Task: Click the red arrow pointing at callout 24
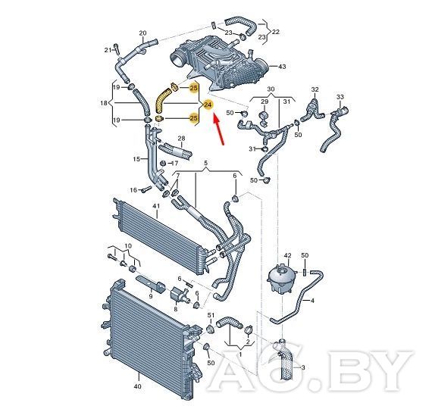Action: tap(219, 130)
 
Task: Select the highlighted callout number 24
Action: tap(208, 105)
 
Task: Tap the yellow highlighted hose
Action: tap(162, 101)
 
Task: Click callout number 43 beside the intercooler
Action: tap(282, 67)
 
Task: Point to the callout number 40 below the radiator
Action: tap(137, 386)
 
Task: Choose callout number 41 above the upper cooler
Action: tap(156, 206)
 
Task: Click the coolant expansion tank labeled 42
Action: tap(281, 279)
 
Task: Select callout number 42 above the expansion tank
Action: tap(287, 255)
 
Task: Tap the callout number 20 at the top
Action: tap(142, 33)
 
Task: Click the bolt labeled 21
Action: tap(116, 49)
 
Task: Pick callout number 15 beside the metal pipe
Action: tap(136, 159)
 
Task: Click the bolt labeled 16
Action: tap(146, 189)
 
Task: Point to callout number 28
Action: tap(182, 139)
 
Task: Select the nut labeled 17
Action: tap(163, 163)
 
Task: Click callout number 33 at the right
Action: tap(340, 97)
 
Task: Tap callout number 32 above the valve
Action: tap(315, 89)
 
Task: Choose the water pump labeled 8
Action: tap(179, 294)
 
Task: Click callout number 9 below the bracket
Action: tap(151, 296)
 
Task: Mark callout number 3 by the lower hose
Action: tap(303, 367)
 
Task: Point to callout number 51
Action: tap(211, 315)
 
